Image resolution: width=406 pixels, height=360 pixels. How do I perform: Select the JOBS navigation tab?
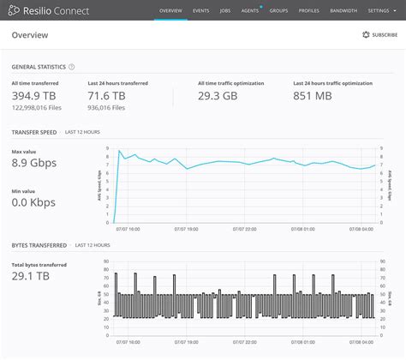pyautogui.click(x=225, y=10)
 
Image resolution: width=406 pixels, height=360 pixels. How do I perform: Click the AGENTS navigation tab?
pyautogui.click(x=251, y=10)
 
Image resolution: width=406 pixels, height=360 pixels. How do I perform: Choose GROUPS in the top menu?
pyautogui.click(x=278, y=10)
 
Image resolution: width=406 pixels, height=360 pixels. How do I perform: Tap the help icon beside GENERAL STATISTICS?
pyautogui.click(x=71, y=66)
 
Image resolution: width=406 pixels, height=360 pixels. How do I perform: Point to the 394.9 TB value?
pyautogui.click(x=33, y=97)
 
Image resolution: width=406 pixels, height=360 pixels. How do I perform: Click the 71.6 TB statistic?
pyautogui.click(x=107, y=97)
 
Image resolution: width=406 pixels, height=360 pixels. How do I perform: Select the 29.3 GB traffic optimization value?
pyautogui.click(x=218, y=97)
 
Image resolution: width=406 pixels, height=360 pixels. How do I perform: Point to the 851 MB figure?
pyautogui.click(x=312, y=97)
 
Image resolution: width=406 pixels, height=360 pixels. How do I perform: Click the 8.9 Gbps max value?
pyautogui.click(x=35, y=162)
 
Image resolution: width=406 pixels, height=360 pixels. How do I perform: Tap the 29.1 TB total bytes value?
pyautogui.click(x=31, y=278)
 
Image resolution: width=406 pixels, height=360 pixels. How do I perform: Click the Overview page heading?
pyautogui.click(x=30, y=35)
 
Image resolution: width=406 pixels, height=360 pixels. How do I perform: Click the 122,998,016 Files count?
pyautogui.click(x=35, y=109)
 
